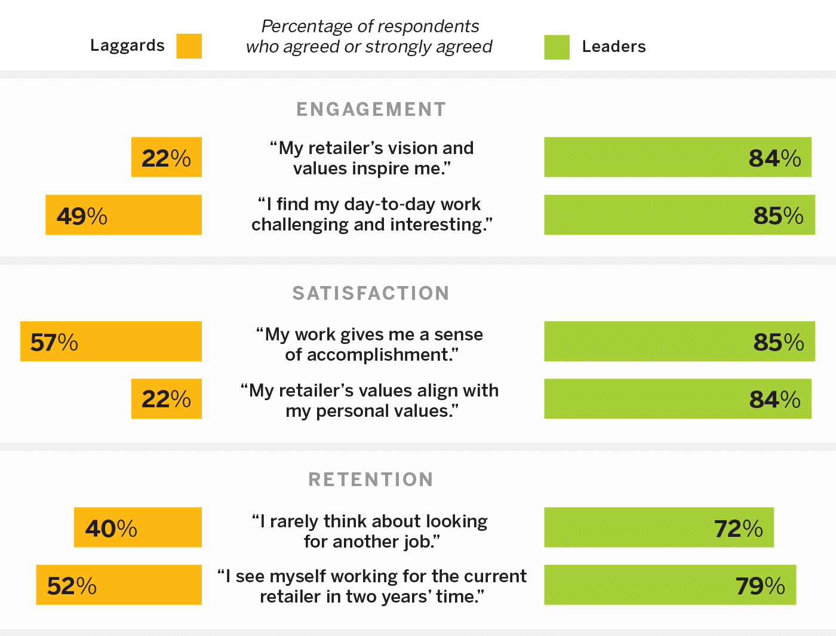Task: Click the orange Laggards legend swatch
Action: pos(189,46)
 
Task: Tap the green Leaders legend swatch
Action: pos(557,47)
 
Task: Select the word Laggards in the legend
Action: pos(127,45)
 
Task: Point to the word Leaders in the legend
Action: pos(613,47)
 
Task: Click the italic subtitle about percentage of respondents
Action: pos(370,36)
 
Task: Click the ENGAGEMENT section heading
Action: pos(371,109)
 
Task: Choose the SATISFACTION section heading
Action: pos(371,293)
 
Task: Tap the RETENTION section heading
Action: pos(371,480)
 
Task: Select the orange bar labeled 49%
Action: pos(124,215)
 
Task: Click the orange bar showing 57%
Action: pos(111,342)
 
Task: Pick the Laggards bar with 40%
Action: pos(138,527)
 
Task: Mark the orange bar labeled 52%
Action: pos(119,585)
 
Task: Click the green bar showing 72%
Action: pos(659,527)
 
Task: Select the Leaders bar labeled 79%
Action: pos(670,585)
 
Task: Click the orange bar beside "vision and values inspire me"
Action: pos(167,157)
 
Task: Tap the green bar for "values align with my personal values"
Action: pos(678,399)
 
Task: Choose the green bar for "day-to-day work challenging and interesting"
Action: pos(680,215)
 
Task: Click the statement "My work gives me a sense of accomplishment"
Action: pos(370,345)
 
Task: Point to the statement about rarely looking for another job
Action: pos(370,531)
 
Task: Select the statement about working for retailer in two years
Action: pos(372,586)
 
